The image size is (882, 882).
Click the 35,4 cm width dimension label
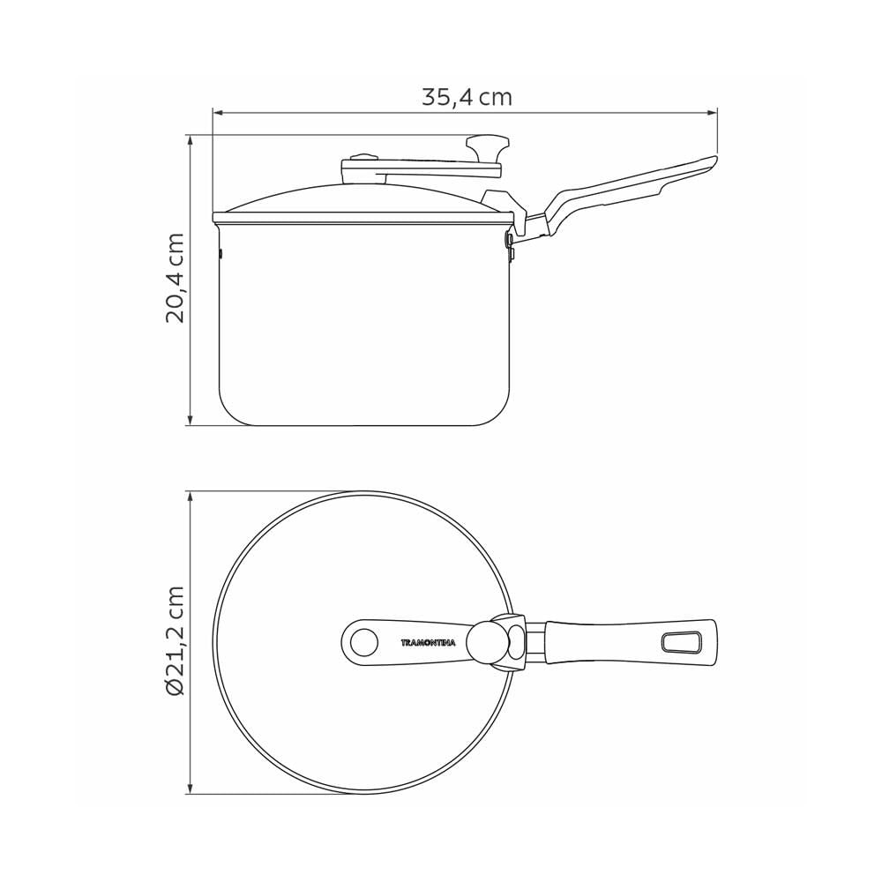pos(467,97)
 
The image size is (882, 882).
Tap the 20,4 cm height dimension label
pos(175,277)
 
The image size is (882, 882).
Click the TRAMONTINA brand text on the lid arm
pos(428,642)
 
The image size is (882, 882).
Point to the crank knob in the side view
pos(488,148)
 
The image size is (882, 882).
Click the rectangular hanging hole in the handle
pos(681,642)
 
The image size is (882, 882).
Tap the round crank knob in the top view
pos(487,642)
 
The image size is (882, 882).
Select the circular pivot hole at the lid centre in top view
pos(363,642)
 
